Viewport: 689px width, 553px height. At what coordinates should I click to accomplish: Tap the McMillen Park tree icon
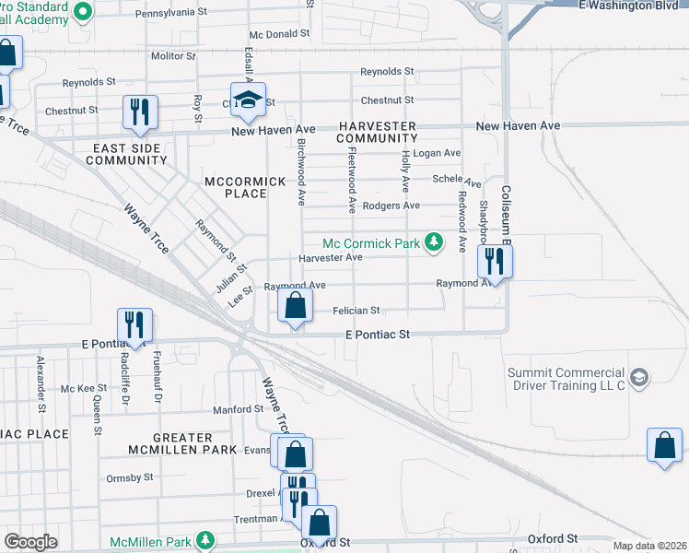click(209, 539)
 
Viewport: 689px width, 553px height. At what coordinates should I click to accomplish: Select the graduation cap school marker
click(248, 102)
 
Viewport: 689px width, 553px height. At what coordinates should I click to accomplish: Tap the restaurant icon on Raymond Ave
click(495, 263)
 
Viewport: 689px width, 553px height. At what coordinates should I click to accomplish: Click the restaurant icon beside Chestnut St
click(140, 112)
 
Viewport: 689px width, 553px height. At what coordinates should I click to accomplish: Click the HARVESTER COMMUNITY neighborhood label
click(376, 132)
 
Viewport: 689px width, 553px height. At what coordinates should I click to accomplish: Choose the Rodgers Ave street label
click(391, 206)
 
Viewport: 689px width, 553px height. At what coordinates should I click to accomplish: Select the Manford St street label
click(239, 409)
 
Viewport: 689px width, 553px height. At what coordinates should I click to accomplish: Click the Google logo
click(30, 542)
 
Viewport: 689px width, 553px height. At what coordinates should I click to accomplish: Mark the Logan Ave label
click(437, 153)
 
